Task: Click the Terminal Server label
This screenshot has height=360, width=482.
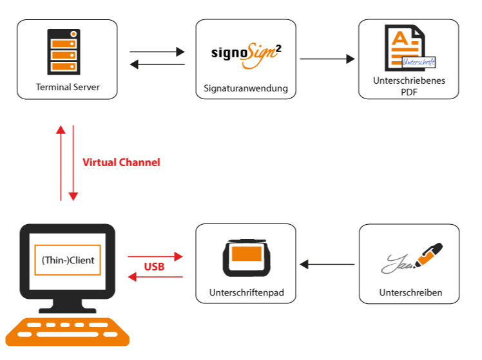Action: click(x=67, y=87)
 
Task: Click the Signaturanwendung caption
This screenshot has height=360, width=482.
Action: click(x=246, y=88)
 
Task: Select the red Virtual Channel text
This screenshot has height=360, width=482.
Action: click(x=121, y=162)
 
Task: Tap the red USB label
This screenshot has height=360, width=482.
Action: click(x=154, y=267)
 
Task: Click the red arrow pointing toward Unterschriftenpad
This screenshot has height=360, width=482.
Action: click(x=156, y=256)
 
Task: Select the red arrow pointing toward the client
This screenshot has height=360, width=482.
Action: click(x=156, y=277)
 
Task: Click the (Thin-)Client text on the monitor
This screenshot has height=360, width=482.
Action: click(x=68, y=260)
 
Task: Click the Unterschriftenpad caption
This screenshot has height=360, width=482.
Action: click(x=246, y=292)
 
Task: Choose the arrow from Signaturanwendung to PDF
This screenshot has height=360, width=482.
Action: click(x=327, y=59)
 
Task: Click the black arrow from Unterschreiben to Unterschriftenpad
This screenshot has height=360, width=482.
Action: click(x=327, y=264)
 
